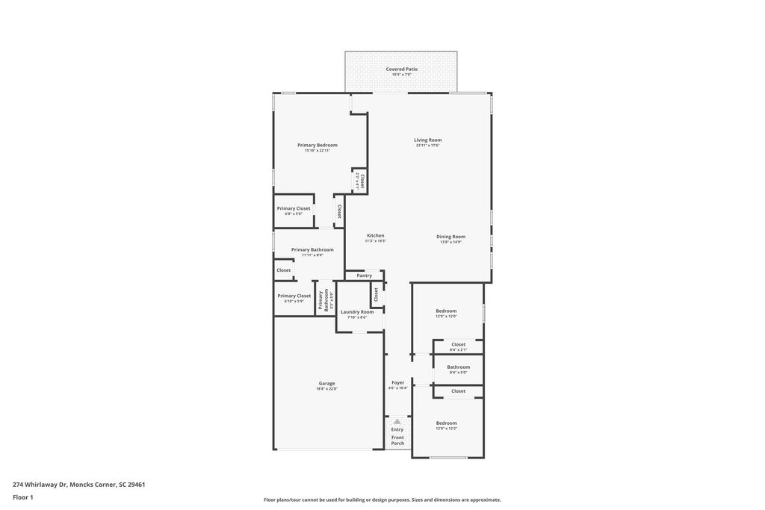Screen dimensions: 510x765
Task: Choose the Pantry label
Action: click(x=364, y=276)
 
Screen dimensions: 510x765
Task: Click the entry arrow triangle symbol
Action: click(x=397, y=422)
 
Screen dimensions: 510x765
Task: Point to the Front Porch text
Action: click(x=397, y=441)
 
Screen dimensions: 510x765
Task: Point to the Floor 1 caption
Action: click(x=23, y=497)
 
